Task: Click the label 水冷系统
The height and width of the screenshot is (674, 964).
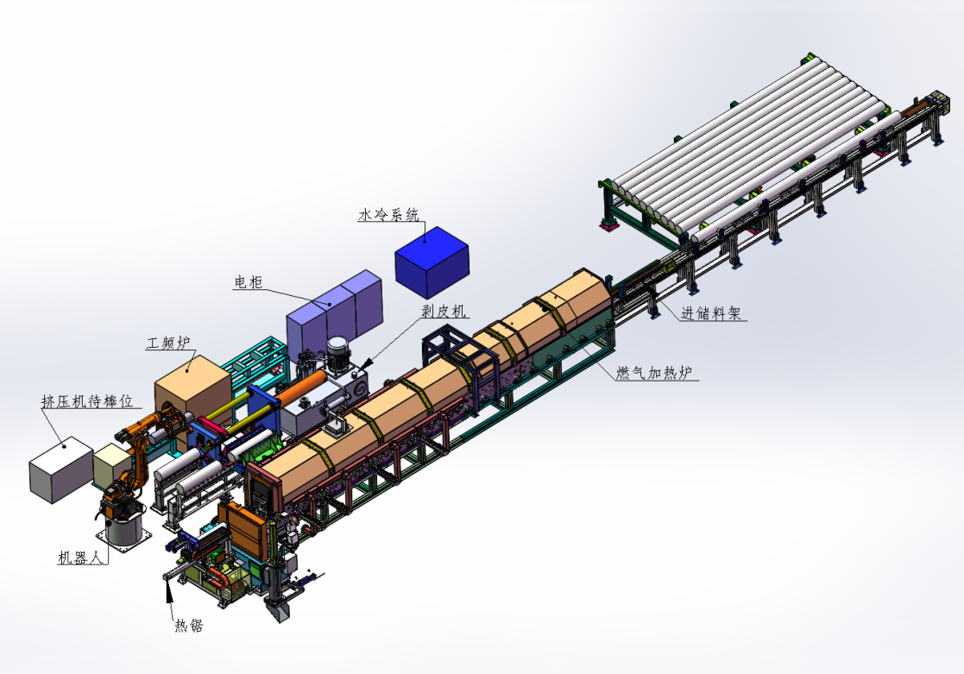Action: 388,215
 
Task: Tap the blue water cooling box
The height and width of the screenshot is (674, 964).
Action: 432,262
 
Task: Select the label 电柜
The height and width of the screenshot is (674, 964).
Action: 249,281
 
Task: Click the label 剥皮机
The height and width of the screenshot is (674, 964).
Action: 444,312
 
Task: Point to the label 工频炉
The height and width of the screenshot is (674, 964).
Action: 168,343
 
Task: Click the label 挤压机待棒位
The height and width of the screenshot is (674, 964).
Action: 87,401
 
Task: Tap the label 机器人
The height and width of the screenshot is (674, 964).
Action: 80,557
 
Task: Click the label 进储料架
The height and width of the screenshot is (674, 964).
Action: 711,313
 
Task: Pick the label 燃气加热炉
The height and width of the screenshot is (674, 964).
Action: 654,372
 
